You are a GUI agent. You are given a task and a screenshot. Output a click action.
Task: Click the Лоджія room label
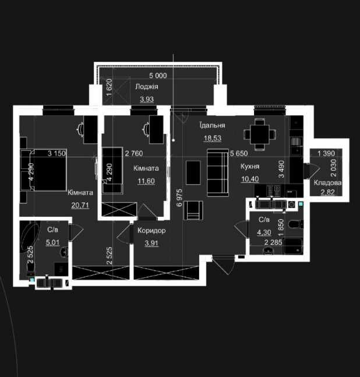pyautogui.click(x=147, y=87)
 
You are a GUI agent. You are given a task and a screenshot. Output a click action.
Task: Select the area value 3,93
pyautogui.click(x=147, y=99)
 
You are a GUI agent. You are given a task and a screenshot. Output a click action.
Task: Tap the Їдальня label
pyautogui.click(x=212, y=125)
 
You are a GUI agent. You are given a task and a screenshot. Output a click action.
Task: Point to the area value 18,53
pyautogui.click(x=213, y=138)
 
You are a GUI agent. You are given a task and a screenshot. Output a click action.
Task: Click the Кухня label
pyautogui.click(x=250, y=167)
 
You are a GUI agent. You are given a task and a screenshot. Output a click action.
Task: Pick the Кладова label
pyautogui.click(x=327, y=183)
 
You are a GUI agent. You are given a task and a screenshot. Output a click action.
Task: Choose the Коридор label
pyautogui.click(x=151, y=231)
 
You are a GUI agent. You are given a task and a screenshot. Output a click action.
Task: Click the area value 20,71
pyautogui.click(x=80, y=205)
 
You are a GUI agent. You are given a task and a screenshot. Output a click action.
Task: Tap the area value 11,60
pyautogui.click(x=146, y=181)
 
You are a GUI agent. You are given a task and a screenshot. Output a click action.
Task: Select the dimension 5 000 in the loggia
pyautogui.click(x=158, y=76)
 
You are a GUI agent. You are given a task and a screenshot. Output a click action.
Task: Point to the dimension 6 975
pyautogui.click(x=179, y=198)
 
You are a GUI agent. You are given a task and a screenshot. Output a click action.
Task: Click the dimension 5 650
pyautogui.click(x=239, y=153)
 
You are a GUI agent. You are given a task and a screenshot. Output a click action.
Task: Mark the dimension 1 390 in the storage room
pyautogui.click(x=326, y=153)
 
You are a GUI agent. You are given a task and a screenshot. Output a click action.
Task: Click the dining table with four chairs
pyautogui.click(x=260, y=135)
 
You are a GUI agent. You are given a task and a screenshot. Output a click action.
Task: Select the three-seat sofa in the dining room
pyautogui.click(x=218, y=172)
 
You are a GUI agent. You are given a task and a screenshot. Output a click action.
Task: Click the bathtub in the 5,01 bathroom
pyautogui.click(x=30, y=237)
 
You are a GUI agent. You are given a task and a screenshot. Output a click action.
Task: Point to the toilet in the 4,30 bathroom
pyautogui.click(x=296, y=225)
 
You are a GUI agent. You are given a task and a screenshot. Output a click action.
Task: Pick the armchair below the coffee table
pyautogui.click(x=193, y=210)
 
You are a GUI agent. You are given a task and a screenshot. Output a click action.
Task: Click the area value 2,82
pyautogui.click(x=328, y=192)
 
